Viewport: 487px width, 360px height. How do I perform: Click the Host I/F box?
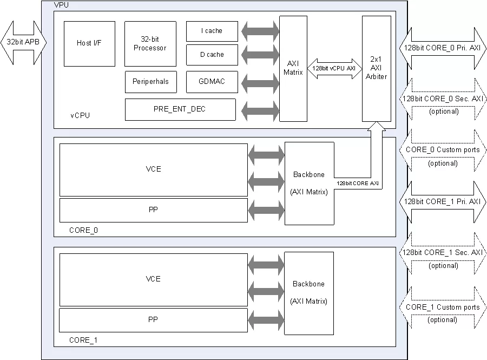tap(89, 44)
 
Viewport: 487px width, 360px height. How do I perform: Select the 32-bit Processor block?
tap(150, 44)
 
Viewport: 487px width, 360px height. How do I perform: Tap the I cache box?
tap(212, 31)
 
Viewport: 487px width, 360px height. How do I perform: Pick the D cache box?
tap(212, 55)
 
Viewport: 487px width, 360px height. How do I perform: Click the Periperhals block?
tap(150, 82)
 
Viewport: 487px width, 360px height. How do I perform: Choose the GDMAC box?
tap(212, 82)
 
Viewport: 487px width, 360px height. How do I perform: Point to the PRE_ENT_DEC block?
tap(180, 109)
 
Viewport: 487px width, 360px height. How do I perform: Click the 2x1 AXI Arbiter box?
tap(377, 69)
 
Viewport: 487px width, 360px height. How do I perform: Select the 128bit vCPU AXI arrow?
tap(334, 68)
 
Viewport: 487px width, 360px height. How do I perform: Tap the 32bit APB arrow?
tap(23, 43)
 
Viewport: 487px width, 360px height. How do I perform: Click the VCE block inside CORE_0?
tap(154, 169)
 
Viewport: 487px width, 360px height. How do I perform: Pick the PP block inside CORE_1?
tap(153, 320)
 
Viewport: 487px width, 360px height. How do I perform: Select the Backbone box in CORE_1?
tap(309, 293)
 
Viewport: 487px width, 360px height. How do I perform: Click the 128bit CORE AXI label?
tap(358, 184)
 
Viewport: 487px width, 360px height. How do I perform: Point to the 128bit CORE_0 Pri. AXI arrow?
tap(442, 48)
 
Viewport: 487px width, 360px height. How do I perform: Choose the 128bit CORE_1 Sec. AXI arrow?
tap(442, 253)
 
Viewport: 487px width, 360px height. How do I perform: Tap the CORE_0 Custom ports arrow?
tap(442, 150)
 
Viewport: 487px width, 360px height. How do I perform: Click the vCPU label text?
tap(80, 115)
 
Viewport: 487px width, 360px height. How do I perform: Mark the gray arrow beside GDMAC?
tap(260, 83)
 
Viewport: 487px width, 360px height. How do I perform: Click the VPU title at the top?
tap(61, 5)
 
